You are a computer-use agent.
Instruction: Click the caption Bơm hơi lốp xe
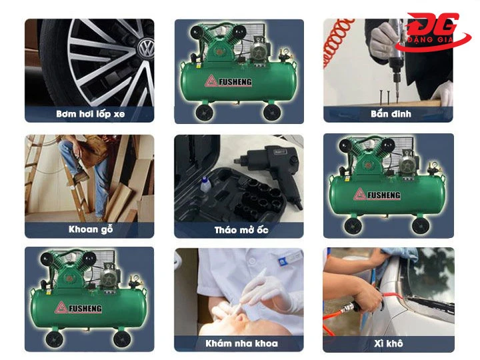click(x=90, y=114)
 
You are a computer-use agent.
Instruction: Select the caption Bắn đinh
click(x=391, y=114)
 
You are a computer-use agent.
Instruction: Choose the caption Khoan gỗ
click(x=90, y=229)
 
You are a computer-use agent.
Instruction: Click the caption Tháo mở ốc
click(x=241, y=229)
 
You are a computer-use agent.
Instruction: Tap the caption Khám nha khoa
click(x=241, y=344)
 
